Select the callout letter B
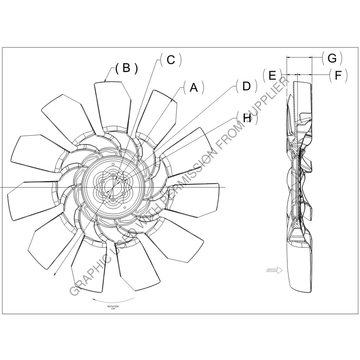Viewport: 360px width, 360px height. [x=126, y=68]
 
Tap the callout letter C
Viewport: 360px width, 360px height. [x=171, y=60]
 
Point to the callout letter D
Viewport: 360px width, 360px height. [x=246, y=86]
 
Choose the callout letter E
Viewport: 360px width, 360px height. [x=272, y=75]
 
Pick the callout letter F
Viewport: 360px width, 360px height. [x=338, y=75]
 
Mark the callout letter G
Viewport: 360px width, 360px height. [x=332, y=58]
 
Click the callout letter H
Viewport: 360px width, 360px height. [x=247, y=118]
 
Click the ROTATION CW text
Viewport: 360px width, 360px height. [x=113, y=308]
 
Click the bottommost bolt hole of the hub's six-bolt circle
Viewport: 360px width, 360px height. [x=113, y=199]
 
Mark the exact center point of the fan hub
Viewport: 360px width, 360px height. [x=113, y=187]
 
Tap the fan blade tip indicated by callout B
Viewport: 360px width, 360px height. [x=107, y=82]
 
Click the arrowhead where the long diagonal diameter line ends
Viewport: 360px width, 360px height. [x=54, y=274]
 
